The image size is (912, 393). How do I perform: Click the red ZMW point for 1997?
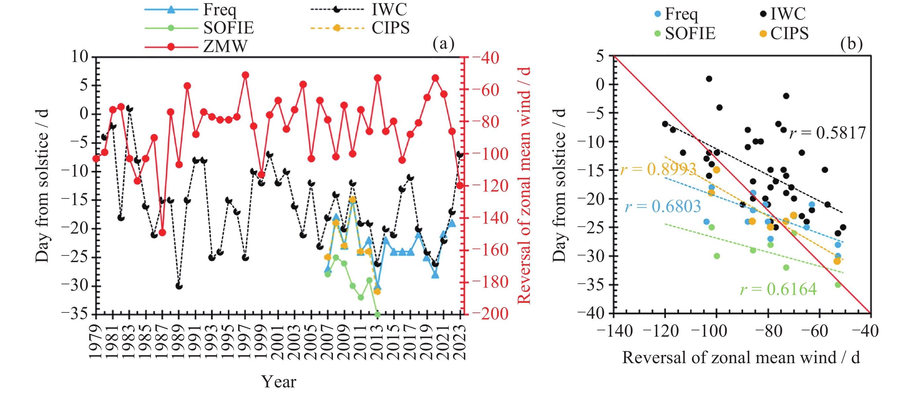pyautogui.click(x=245, y=75)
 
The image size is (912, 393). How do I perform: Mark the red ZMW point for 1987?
pyautogui.click(x=162, y=233)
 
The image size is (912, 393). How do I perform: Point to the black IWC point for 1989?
pyautogui.click(x=179, y=286)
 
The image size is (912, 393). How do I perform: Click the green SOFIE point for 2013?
pyautogui.click(x=377, y=314)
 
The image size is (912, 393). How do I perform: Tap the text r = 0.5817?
pyautogui.click(x=827, y=133)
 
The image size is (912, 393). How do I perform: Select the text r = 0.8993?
pyautogui.click(x=659, y=169)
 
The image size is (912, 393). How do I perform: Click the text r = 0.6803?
pyautogui.click(x=663, y=206)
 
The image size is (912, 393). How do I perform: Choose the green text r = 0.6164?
pyautogui.click(x=779, y=290)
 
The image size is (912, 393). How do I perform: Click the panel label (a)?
pyautogui.click(x=443, y=44)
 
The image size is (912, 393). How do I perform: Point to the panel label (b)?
pyautogui.click(x=851, y=44)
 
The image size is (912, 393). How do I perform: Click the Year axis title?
pyautogui.click(x=279, y=382)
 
